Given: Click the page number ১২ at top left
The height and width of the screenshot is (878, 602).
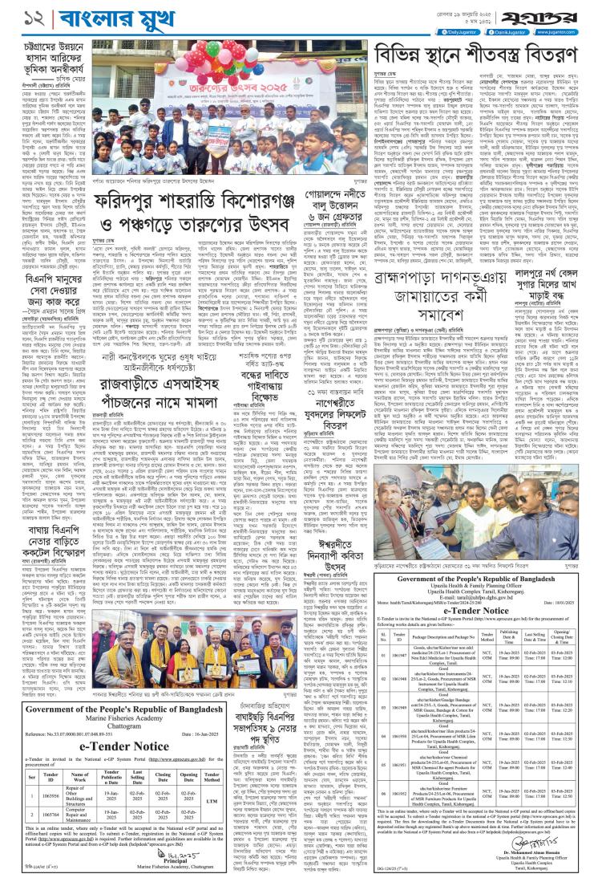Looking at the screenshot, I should (15, 16).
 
